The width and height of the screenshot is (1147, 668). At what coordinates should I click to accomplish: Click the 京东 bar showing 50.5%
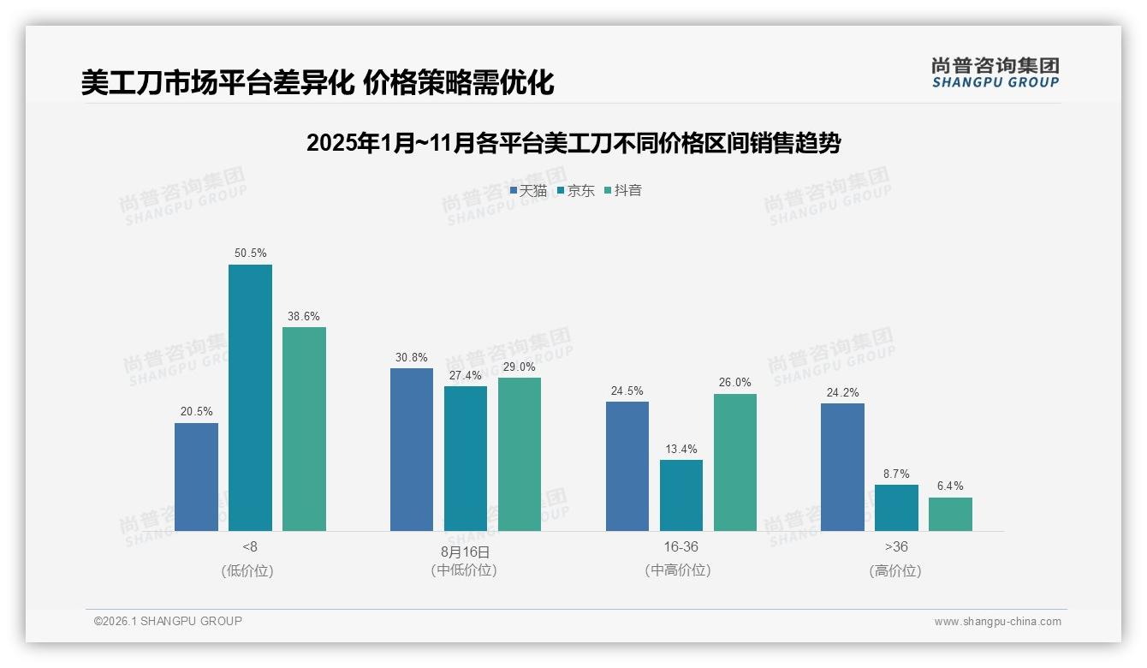pyautogui.click(x=250, y=398)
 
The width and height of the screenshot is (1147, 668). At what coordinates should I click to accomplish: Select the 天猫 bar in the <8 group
pyautogui.click(x=196, y=477)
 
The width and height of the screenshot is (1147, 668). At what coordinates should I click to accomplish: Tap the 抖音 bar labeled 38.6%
pyautogui.click(x=304, y=429)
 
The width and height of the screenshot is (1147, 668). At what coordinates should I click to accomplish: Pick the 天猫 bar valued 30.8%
pyautogui.click(x=412, y=450)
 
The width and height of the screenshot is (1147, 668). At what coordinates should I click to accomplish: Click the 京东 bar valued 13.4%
pyautogui.click(x=681, y=496)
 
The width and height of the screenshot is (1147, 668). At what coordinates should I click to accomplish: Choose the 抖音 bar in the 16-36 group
pyautogui.click(x=735, y=462)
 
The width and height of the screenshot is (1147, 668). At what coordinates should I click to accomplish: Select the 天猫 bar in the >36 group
pyautogui.click(x=842, y=468)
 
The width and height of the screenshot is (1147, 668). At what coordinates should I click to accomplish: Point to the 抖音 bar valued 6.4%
pyautogui.click(x=950, y=514)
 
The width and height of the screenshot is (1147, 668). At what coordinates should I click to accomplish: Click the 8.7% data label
pyautogui.click(x=896, y=474)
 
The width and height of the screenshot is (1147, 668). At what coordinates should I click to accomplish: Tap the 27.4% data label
pyautogui.click(x=466, y=375)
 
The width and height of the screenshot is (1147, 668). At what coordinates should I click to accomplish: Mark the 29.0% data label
pyautogui.click(x=520, y=367)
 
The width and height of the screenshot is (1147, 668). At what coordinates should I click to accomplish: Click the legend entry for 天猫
pyautogui.click(x=528, y=191)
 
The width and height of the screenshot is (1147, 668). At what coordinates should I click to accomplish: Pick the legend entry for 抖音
pyautogui.click(x=623, y=191)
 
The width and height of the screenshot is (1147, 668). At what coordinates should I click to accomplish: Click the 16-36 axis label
pyautogui.click(x=680, y=546)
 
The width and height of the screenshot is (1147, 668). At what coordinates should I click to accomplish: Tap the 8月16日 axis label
pyautogui.click(x=466, y=552)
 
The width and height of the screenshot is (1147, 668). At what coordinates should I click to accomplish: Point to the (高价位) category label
pyautogui.click(x=896, y=570)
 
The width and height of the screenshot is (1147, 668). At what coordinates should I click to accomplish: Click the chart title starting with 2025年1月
pyautogui.click(x=573, y=143)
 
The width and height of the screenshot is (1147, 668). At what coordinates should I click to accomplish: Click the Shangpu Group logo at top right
pyautogui.click(x=995, y=72)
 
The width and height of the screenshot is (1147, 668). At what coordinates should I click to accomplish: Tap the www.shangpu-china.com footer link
pyautogui.click(x=997, y=622)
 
